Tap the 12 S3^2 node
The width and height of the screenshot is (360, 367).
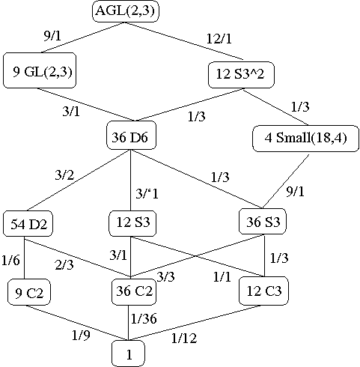click(x=241, y=75)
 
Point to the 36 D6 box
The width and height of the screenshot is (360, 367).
click(x=132, y=135)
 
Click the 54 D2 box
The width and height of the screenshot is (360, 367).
click(x=28, y=224)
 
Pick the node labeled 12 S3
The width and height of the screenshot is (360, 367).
click(x=132, y=223)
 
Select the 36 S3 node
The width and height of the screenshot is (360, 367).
click(x=263, y=222)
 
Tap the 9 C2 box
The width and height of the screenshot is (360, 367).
click(x=29, y=292)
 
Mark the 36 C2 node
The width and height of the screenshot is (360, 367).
click(x=134, y=291)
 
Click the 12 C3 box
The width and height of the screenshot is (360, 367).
click(x=263, y=291)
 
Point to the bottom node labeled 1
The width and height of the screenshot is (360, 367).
click(x=128, y=354)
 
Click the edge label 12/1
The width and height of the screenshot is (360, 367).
click(x=219, y=39)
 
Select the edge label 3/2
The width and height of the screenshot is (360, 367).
click(x=64, y=175)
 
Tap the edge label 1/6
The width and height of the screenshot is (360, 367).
click(x=10, y=260)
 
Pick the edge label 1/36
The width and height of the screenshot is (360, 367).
click(x=144, y=318)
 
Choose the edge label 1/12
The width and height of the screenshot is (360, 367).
click(x=184, y=338)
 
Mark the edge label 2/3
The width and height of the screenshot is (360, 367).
click(x=64, y=264)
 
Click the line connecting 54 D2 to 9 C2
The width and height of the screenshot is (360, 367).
click(x=24, y=258)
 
